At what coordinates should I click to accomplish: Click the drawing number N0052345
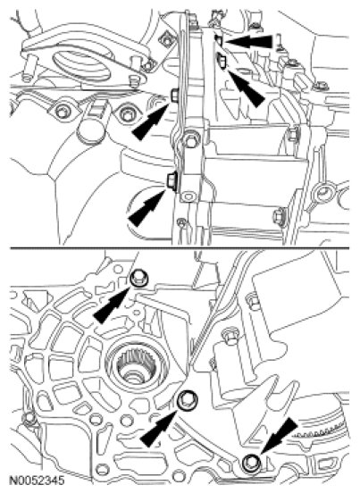(38, 480)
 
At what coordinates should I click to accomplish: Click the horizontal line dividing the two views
(180, 248)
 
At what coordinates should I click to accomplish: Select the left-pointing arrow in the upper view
(248, 41)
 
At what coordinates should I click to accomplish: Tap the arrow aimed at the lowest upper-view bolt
(147, 207)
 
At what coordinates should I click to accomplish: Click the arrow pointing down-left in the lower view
(279, 437)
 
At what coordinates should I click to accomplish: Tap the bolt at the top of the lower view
(138, 279)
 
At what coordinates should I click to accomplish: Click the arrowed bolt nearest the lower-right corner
(252, 462)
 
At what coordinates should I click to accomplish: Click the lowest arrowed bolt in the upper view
(172, 180)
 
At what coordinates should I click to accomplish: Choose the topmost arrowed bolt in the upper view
(219, 40)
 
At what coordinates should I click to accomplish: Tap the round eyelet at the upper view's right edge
(322, 192)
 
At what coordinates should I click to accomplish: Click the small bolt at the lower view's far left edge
(30, 417)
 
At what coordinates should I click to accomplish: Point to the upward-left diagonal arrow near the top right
(246, 88)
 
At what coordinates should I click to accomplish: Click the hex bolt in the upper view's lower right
(280, 216)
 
